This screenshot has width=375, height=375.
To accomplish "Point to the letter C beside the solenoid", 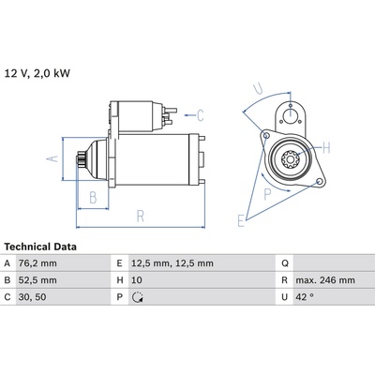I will click(x=200, y=115).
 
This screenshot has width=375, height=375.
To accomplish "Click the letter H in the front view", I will click(x=326, y=146).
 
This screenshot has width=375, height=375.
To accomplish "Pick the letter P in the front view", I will click(x=268, y=194).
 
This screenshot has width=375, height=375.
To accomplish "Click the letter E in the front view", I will click(x=241, y=221).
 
